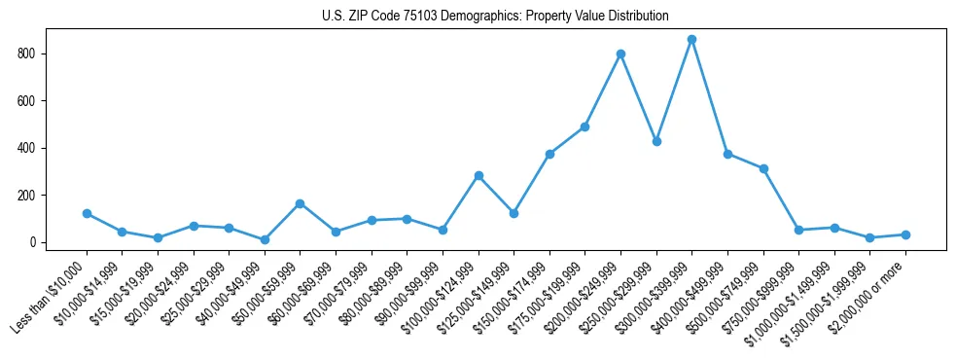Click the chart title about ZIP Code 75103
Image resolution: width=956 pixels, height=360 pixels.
pyautogui.click(x=495, y=16)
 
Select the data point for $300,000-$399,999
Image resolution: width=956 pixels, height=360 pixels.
pyautogui.click(x=691, y=40)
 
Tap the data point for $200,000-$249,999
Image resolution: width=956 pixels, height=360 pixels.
pyautogui.click(x=620, y=54)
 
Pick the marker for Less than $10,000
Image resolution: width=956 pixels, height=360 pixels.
pyautogui.click(x=87, y=213)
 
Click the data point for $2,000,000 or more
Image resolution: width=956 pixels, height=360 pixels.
pyautogui.click(x=905, y=234)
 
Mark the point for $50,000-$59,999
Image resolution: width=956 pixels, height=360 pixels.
pyautogui.click(x=300, y=203)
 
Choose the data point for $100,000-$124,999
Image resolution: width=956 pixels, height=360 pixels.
pyautogui.click(x=478, y=176)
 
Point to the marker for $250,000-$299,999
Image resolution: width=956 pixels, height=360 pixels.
pyautogui.click(x=656, y=141)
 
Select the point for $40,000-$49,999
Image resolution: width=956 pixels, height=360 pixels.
pyautogui.click(x=265, y=239)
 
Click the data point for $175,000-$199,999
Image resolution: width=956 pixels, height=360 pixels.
pyautogui.click(x=584, y=126)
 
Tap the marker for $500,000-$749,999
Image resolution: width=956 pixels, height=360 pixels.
pyautogui.click(x=763, y=168)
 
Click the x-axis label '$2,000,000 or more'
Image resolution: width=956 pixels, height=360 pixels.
pyautogui.click(x=871, y=291)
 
